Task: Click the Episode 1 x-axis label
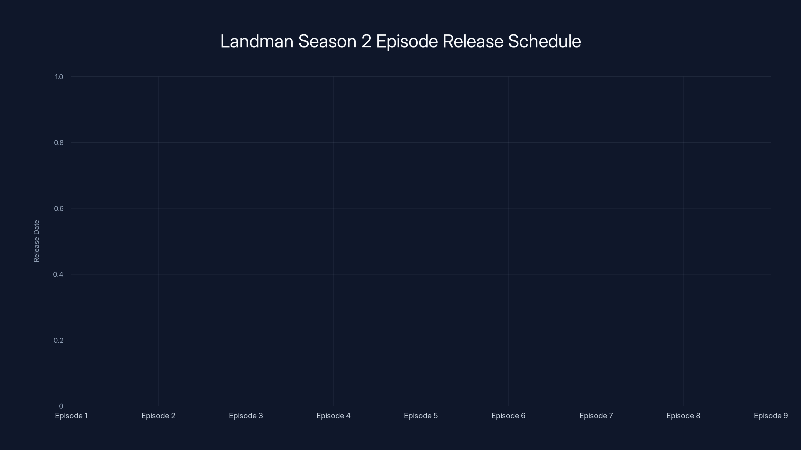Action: [x=71, y=415]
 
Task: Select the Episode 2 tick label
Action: [x=158, y=415]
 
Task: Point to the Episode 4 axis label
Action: [x=333, y=415]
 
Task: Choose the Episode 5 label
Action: [x=421, y=415]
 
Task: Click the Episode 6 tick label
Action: [x=508, y=415]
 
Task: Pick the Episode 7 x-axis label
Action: [x=596, y=415]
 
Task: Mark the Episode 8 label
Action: [x=683, y=415]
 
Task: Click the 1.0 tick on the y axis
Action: [x=59, y=77]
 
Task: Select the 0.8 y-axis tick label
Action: [x=59, y=142]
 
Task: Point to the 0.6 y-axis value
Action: [x=59, y=208]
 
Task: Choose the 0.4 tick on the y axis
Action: [x=58, y=274]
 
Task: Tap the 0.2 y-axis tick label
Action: [x=59, y=340]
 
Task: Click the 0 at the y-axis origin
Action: [x=61, y=406]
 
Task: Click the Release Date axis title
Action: [x=36, y=241]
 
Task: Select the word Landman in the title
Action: [x=257, y=41]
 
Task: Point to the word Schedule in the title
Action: [x=544, y=41]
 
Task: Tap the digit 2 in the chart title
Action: [x=366, y=41]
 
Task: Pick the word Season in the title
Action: [x=327, y=41]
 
